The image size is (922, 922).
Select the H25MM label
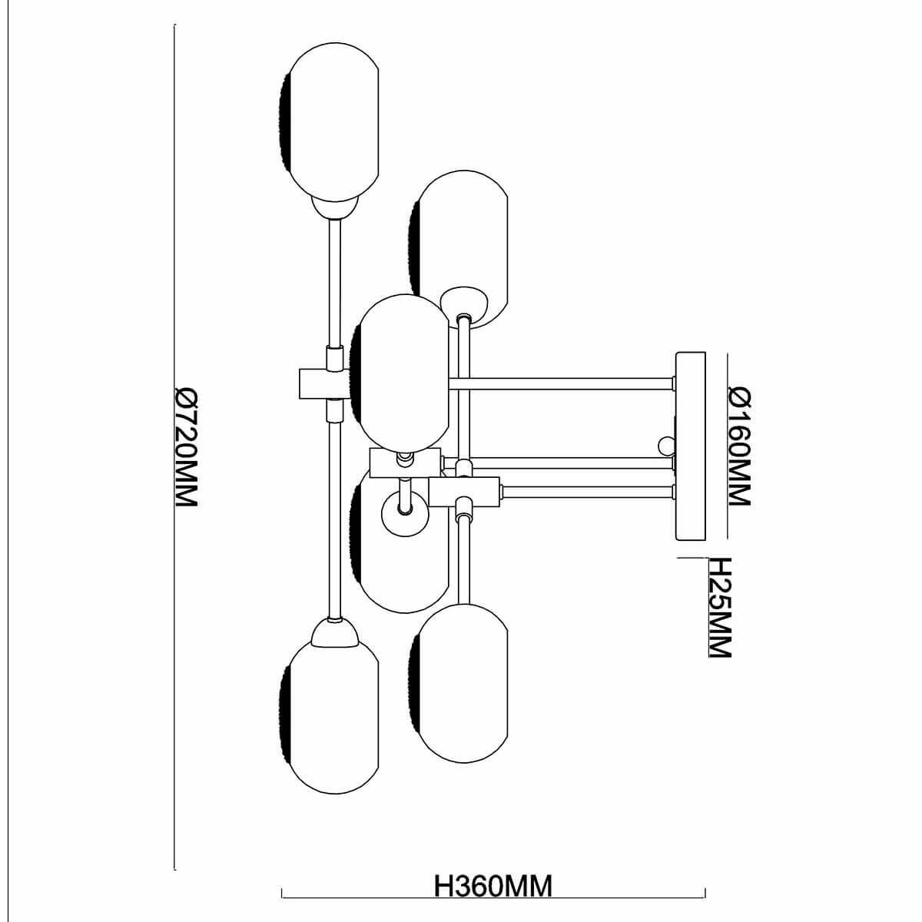(716, 607)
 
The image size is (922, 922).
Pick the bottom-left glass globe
(329, 707)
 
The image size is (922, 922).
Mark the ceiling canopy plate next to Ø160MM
(690, 446)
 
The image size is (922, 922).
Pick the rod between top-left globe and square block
(335, 284)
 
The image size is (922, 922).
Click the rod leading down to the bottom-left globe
(335, 522)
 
